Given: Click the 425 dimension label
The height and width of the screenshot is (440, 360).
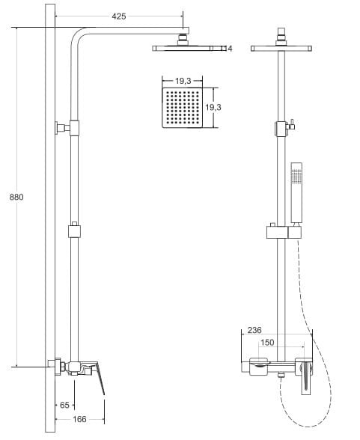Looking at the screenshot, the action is click(x=119, y=16).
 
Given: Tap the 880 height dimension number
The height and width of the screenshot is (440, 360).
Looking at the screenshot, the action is click(x=16, y=197).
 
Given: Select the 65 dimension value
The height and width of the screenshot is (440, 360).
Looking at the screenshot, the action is click(x=64, y=405).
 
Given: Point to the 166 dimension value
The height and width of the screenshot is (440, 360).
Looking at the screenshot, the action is click(x=79, y=419).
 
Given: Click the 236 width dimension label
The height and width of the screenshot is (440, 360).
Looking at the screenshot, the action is click(x=254, y=330).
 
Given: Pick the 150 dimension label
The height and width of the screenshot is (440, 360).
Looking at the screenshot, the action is click(x=267, y=343).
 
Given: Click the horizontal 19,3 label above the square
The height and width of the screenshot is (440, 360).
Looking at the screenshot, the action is click(x=183, y=81).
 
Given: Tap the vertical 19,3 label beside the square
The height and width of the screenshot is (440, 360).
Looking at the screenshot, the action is click(x=213, y=107).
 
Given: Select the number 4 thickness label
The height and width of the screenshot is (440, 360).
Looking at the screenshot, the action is click(x=230, y=49).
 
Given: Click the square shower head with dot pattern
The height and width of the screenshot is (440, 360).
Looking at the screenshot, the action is click(x=183, y=108).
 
